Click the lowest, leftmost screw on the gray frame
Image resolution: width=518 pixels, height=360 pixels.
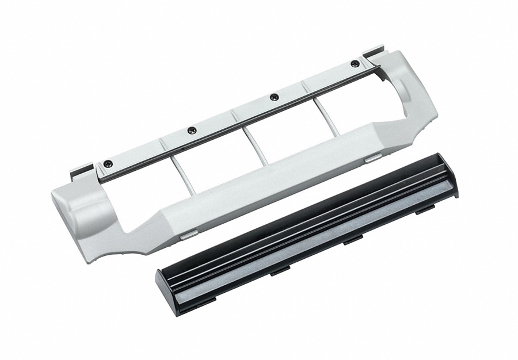pos(108,164)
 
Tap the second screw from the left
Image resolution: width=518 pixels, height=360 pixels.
pos(192,131)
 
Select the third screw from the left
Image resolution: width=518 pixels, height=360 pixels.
pos(274,97)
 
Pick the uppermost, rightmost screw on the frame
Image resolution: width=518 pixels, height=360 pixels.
pos(355,64)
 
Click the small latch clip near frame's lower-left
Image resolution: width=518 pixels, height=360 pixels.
pos(188,235)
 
